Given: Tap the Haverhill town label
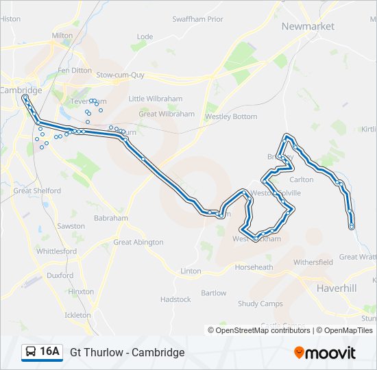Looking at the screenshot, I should [x=337, y=288].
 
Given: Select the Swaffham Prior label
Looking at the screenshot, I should [x=197, y=19].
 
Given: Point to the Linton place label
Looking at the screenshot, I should [x=191, y=271].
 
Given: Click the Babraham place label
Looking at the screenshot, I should [x=110, y=218].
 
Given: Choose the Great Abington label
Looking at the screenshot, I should [x=138, y=242].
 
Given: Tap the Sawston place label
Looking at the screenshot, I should [x=71, y=225].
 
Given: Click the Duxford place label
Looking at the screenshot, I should [x=60, y=275].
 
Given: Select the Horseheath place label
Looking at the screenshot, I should [x=254, y=267].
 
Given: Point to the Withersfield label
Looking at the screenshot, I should [x=313, y=262].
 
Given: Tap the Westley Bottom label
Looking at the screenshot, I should [x=231, y=116].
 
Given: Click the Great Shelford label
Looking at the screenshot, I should [x=37, y=191].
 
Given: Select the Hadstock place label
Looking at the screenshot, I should [x=175, y=299].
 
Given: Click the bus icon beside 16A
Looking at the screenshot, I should [x=31, y=352].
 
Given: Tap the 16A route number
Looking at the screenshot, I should [x=50, y=352].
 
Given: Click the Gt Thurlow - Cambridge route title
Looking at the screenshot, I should [x=127, y=352].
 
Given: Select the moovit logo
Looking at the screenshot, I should [x=325, y=353].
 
